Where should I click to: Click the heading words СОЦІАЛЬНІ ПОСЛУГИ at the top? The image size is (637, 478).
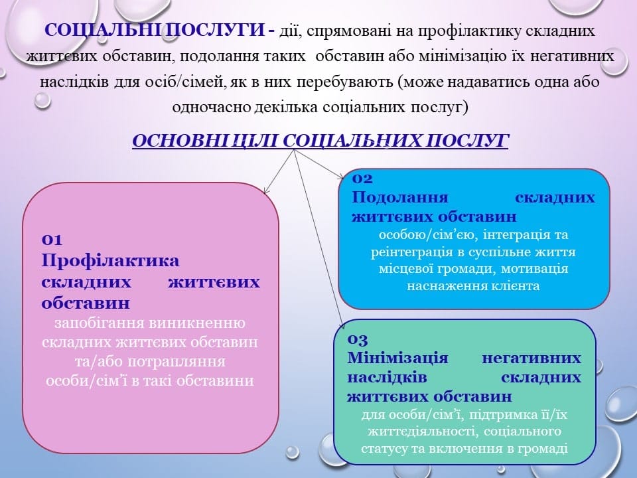(155, 30)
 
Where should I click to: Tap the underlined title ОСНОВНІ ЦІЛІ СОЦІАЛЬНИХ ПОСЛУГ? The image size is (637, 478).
(320, 141)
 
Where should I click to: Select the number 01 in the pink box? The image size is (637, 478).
(52, 240)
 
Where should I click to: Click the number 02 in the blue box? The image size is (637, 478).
(362, 178)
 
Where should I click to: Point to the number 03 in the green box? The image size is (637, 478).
(358, 339)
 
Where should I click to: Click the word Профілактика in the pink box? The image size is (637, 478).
(110, 260)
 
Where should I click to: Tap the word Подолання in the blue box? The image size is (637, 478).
(399, 197)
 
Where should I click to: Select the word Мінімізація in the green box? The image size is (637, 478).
(397, 358)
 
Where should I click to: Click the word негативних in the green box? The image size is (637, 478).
(531, 358)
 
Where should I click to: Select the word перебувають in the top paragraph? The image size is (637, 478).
(344, 82)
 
